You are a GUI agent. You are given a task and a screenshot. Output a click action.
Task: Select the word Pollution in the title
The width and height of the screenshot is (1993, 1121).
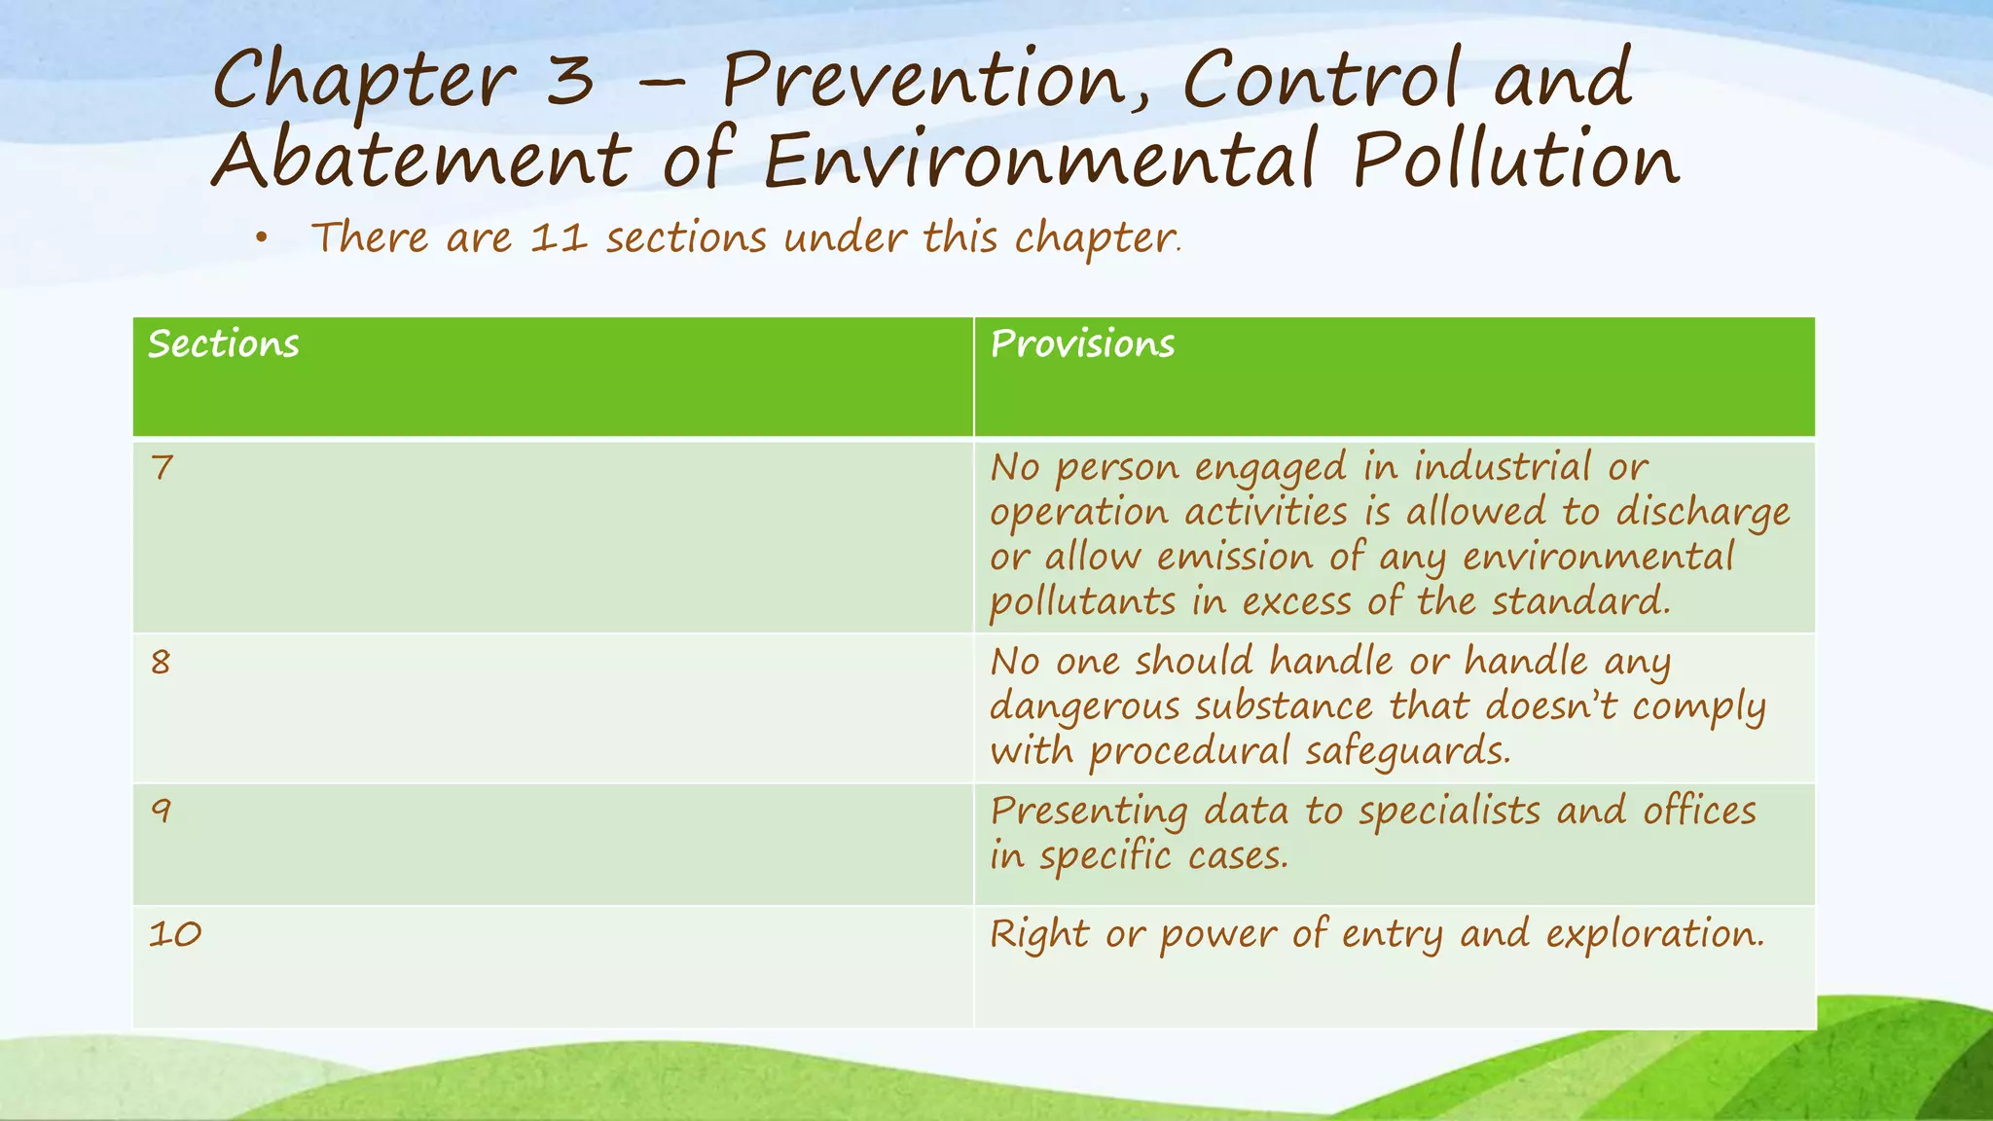click(x=1515, y=161)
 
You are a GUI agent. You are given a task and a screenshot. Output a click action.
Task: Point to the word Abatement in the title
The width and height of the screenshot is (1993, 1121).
click(x=421, y=161)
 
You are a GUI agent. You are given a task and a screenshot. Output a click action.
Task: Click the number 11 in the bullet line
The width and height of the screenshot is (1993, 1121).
click(x=559, y=237)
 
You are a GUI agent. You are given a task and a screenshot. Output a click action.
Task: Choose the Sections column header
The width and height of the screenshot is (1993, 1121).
click(x=224, y=344)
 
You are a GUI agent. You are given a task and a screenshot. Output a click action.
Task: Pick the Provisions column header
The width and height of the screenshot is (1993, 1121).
click(x=1082, y=344)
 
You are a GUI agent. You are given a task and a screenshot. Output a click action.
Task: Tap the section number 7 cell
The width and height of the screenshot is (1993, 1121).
click(x=162, y=468)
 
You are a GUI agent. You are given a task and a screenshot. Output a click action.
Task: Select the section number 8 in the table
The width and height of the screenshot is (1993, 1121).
click(x=161, y=663)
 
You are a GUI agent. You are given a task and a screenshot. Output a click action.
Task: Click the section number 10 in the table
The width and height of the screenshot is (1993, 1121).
click(x=175, y=934)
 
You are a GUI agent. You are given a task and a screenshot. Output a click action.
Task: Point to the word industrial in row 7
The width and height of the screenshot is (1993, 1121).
click(x=1502, y=468)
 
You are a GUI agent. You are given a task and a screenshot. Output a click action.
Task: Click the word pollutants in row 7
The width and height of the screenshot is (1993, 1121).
click(x=1082, y=602)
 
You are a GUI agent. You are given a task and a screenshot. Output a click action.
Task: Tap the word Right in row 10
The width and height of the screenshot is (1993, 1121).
click(x=1038, y=934)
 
